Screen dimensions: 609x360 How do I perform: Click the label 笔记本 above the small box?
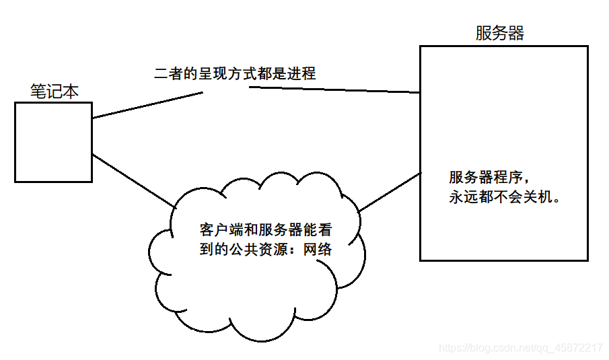pyautogui.click(x=55, y=91)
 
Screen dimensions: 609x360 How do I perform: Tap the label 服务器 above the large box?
pyautogui.click(x=499, y=33)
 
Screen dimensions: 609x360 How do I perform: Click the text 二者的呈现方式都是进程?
pyautogui.click(x=235, y=73)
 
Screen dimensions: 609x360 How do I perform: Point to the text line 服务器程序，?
pyautogui.click(x=492, y=178)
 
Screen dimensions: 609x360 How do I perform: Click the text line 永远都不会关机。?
pyautogui.click(x=505, y=199)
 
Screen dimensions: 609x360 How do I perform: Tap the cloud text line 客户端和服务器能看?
pyautogui.click(x=266, y=229)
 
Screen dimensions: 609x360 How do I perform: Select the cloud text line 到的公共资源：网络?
pyautogui.click(x=266, y=249)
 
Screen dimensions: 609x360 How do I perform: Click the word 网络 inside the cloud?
pyautogui.click(x=318, y=249)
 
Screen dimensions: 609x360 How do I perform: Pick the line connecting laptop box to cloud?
pyautogui.click(x=132, y=179)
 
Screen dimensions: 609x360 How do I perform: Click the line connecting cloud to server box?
pyautogui.click(x=390, y=192)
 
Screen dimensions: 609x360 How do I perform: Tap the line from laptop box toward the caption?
pyautogui.click(x=148, y=105)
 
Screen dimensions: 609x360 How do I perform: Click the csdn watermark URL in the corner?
pyautogui.click(x=520, y=348)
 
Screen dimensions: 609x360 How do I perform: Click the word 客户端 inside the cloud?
pyautogui.click(x=220, y=229)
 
